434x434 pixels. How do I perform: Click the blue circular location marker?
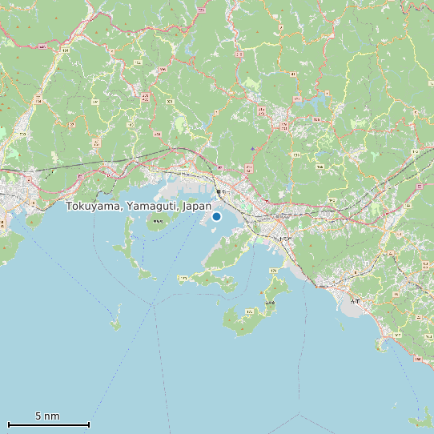tap(216, 216)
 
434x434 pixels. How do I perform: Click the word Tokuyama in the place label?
tap(94, 207)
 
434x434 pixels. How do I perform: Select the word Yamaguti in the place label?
tap(152, 207)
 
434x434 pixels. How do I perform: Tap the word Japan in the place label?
tap(197, 207)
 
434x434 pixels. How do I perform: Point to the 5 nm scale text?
tap(47, 416)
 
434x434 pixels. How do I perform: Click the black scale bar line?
tap(48, 424)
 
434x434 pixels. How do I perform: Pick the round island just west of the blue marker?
tap(157, 221)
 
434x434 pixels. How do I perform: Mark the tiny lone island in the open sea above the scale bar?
tap(115, 324)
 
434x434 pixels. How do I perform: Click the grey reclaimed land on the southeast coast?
tap(353, 303)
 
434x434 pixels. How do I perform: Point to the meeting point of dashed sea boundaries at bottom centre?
tap(299, 414)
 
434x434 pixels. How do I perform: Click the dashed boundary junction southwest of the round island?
tap(152, 305)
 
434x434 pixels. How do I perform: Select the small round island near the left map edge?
tap(34, 219)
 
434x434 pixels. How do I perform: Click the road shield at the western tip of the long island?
tap(183, 279)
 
